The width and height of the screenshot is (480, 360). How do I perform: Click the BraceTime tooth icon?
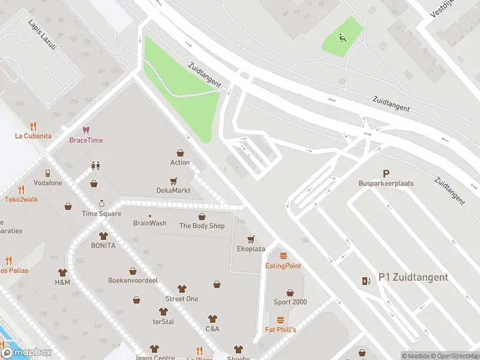tap(86, 130)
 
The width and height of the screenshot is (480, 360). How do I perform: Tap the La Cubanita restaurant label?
tap(32, 136)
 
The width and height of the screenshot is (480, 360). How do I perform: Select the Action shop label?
tap(180, 162)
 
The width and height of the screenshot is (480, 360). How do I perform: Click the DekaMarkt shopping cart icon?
tap(173, 180)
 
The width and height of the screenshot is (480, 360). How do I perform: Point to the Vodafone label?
tap(47, 183)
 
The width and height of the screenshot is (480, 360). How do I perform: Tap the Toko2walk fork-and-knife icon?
tap(21, 189)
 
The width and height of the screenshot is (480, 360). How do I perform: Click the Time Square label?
tap(101, 214)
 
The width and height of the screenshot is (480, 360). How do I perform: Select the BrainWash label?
tap(150, 223)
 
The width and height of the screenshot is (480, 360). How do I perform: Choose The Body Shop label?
tap(202, 226)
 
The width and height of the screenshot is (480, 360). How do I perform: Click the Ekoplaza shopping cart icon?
tap(251, 239)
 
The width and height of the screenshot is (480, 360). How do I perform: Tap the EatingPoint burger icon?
tap(283, 256)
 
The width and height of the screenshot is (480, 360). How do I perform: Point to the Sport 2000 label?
tap(290, 302)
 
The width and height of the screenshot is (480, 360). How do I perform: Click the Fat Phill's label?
tap(281, 329)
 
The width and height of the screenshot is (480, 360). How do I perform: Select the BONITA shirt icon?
tap(103, 236)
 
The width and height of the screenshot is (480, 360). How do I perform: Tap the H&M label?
tap(62, 282)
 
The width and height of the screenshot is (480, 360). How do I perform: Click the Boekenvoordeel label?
tap(133, 280)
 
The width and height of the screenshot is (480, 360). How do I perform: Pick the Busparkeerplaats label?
tap(386, 183)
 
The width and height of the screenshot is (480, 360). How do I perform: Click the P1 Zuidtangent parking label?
tap(413, 277)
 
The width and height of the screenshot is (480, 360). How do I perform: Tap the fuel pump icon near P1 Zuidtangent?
tap(366, 281)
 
